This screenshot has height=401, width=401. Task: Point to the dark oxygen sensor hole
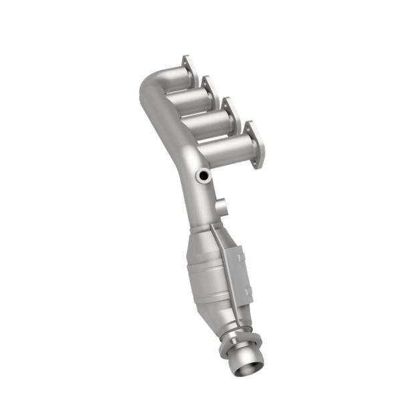click(x=203, y=176)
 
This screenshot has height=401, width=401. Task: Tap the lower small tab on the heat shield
click(x=248, y=291)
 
